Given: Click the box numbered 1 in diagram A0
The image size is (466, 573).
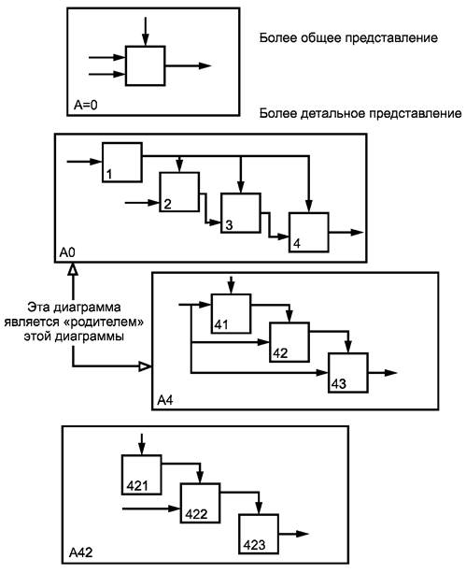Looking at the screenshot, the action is point(122,163).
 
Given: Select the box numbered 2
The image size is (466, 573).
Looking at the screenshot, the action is point(179,192).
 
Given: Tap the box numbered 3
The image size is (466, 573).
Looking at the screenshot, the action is point(241,213).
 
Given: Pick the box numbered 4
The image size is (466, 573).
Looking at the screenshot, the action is point(309,233).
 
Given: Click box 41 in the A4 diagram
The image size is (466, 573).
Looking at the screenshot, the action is point(232,313).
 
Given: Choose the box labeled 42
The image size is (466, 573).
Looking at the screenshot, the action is point(289,342).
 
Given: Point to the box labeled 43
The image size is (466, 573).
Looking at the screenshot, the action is point(348,373).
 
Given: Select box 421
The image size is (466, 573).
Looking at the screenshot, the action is point(142,475).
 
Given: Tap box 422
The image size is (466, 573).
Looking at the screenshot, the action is point(200,503).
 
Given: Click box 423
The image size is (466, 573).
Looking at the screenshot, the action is point(259,534).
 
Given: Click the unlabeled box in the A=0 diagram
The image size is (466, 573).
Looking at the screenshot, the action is point(146,65).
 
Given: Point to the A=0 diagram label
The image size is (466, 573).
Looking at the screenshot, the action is point(86,106).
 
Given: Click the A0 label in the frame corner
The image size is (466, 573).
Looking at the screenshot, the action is point(67,252).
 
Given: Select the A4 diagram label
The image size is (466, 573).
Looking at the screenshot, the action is point(165,400).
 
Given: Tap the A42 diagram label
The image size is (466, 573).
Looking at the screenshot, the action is point(80,552).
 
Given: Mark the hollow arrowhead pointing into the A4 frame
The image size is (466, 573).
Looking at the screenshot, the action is point(145,365).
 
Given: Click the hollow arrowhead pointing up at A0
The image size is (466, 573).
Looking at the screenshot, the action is point(74,269).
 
